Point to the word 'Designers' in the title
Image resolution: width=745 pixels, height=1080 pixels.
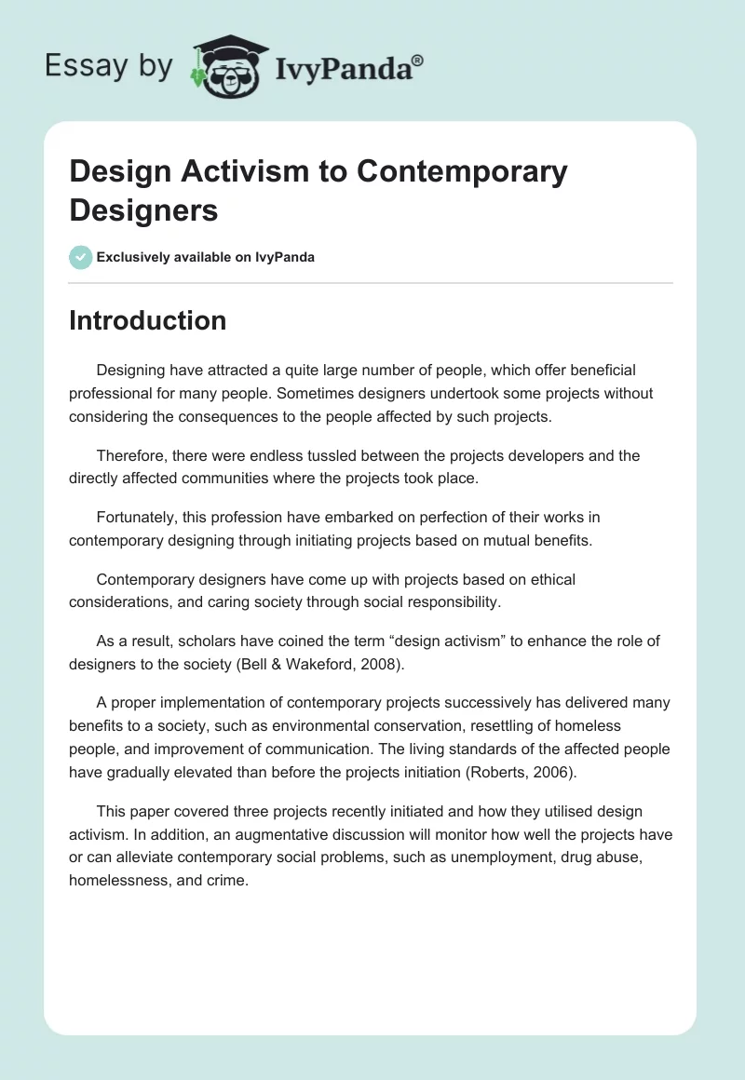tap(143, 209)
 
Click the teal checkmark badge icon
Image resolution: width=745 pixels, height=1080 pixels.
tap(81, 257)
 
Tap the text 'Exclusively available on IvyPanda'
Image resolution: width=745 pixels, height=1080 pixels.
tap(206, 258)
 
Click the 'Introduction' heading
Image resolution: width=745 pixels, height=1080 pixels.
tap(147, 320)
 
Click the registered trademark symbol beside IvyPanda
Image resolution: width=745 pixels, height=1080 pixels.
tap(418, 61)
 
